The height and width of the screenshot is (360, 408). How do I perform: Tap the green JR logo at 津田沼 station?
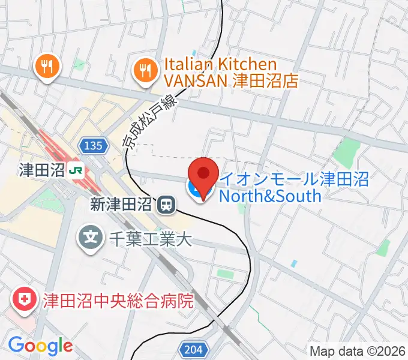76,170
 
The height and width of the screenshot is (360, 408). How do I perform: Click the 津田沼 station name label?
41,170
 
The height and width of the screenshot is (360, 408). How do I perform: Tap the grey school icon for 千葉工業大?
90,239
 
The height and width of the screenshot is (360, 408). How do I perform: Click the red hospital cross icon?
25,299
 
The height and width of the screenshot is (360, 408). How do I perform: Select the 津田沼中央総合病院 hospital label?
118,300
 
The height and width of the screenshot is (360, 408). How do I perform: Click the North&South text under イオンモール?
270,196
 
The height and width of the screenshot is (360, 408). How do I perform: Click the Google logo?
40,346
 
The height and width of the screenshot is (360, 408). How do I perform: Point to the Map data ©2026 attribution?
358,351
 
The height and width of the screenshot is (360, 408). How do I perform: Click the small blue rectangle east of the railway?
293,263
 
